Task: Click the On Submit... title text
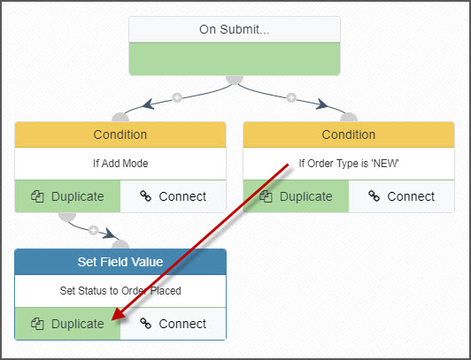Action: [x=235, y=29]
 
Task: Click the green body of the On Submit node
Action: [x=235, y=58]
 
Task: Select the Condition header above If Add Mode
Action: [x=120, y=134]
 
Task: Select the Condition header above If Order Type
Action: [x=349, y=134]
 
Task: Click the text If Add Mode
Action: [x=120, y=164]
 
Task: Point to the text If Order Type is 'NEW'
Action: [x=349, y=164]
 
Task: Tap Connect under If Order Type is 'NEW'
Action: [x=401, y=196]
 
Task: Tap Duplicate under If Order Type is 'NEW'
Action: [x=296, y=196]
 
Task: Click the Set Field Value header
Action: [x=120, y=262]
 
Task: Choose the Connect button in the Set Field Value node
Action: [x=173, y=324]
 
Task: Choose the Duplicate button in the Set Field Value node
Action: [x=67, y=324]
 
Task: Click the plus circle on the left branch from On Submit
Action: [x=177, y=97]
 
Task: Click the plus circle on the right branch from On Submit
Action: [x=291, y=97]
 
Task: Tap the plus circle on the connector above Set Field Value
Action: [x=94, y=230]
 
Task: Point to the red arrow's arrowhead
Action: [x=118, y=314]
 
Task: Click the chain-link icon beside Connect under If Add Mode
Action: [x=146, y=196]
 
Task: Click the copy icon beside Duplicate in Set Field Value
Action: [x=37, y=324]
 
